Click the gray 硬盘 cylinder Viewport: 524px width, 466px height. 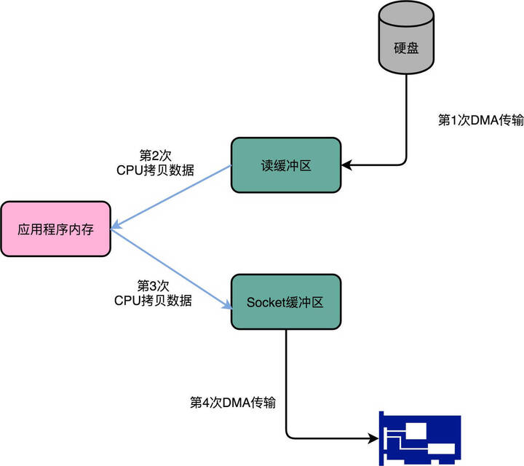(406, 47)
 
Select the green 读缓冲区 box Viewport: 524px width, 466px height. (286, 165)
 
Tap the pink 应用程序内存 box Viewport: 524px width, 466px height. (55, 229)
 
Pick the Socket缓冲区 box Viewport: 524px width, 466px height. (286, 302)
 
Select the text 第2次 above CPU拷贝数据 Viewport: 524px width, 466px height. (154, 156)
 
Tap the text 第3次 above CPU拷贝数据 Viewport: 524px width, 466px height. (154, 285)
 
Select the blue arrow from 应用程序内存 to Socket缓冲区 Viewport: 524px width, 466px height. (171, 266)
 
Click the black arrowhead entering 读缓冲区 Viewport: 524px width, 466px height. (346, 165)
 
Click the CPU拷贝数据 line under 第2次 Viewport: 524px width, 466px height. (154, 170)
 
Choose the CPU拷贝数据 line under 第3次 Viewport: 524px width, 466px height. (154, 299)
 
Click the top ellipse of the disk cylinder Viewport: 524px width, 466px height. (406, 13)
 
